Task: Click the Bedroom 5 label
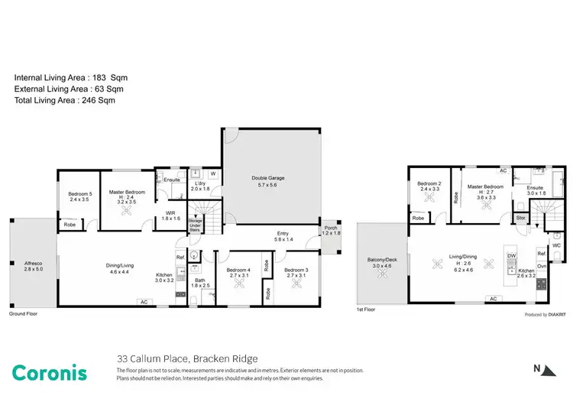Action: (x=79, y=193)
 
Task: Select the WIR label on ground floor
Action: (x=170, y=213)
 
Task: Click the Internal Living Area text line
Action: (x=66, y=77)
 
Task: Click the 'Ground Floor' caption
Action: (x=23, y=314)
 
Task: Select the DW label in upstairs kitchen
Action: (x=511, y=255)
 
